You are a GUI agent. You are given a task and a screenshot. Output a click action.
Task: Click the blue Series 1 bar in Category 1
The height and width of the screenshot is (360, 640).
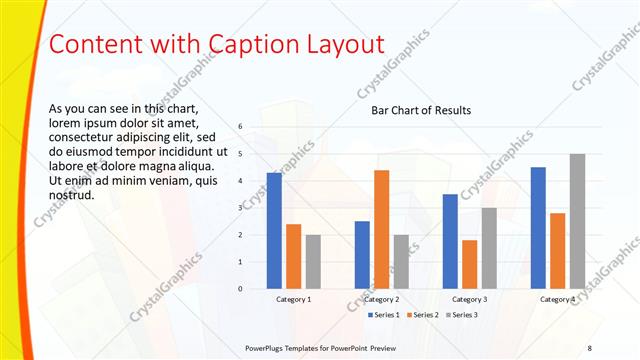click(274, 230)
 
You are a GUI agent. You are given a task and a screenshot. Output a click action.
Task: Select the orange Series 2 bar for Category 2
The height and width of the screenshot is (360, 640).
click(382, 229)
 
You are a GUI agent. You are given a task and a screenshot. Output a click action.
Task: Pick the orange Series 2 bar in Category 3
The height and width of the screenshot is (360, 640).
click(470, 264)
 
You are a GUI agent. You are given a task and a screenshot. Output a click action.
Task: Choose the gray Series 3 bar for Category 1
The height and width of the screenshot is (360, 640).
click(313, 261)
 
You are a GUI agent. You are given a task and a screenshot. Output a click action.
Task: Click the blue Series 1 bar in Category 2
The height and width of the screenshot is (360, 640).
click(362, 254)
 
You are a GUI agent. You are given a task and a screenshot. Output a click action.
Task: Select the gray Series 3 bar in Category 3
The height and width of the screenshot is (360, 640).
click(489, 248)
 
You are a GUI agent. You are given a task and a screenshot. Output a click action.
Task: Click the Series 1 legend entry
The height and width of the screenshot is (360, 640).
click(383, 315)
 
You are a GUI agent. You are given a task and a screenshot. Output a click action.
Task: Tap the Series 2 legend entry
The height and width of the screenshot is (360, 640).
click(422, 315)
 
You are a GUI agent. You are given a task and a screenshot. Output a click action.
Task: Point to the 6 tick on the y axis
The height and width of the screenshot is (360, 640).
click(240, 126)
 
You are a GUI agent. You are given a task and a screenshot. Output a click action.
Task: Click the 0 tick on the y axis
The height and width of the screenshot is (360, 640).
click(240, 288)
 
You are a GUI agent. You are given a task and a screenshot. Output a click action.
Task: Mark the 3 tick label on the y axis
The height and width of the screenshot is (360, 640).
click(240, 207)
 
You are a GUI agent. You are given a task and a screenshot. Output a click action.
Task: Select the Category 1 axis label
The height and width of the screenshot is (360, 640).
click(294, 299)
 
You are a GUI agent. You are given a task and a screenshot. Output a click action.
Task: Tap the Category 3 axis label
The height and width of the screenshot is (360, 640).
click(470, 299)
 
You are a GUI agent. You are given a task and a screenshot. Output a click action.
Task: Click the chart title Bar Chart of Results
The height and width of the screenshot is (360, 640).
click(421, 110)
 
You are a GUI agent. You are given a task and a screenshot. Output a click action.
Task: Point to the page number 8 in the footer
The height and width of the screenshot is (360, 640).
click(589, 347)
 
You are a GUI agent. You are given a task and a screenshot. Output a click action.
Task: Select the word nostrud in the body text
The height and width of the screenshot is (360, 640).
click(71, 194)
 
